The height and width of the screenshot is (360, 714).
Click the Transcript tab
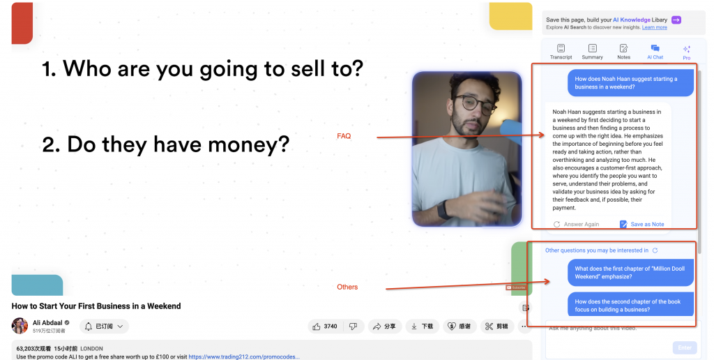tap(561, 52)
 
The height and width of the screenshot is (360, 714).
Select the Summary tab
tap(592, 52)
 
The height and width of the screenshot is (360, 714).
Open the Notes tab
tap(623, 52)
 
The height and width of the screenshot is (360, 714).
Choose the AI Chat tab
tap(655, 52)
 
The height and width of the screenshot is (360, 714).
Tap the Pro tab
tap(686, 52)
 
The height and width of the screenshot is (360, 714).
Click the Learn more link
tap(654, 27)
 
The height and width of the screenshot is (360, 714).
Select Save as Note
tap(641, 225)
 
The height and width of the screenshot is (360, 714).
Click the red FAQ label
tap(344, 136)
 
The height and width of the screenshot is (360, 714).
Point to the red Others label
tap(347, 287)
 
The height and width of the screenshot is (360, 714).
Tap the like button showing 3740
tap(325, 326)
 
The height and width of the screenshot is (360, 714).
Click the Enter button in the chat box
tap(684, 347)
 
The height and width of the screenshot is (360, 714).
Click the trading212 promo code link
tap(243, 357)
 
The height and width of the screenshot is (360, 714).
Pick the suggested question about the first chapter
tap(623, 272)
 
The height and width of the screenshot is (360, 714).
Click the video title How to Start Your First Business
tap(96, 306)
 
